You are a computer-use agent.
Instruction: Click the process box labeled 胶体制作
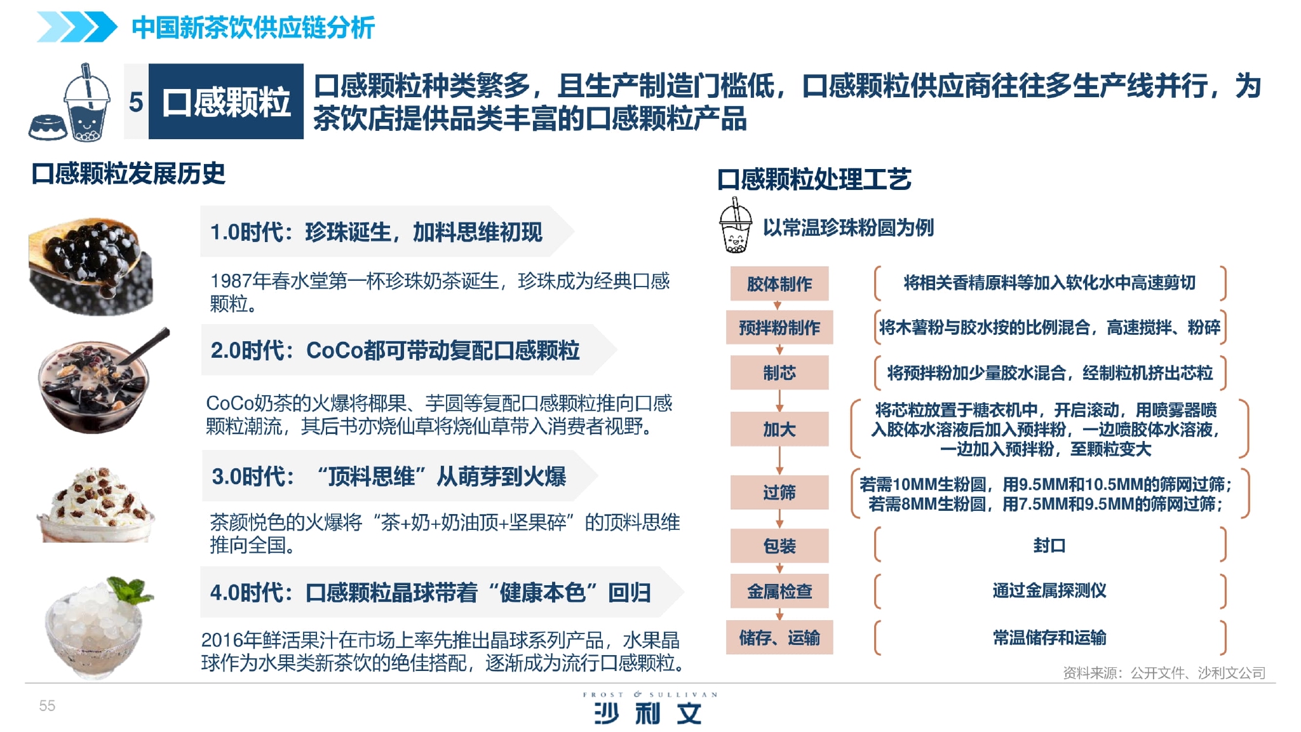pos(779,283)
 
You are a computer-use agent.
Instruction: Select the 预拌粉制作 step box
pos(779,327)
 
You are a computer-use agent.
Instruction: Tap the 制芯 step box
pos(779,372)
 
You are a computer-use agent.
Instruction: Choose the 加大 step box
pos(779,429)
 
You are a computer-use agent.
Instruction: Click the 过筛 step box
pos(779,492)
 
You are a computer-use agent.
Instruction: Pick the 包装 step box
pos(779,545)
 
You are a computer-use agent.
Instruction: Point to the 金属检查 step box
pos(779,591)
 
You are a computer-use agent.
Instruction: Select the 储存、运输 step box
pos(779,637)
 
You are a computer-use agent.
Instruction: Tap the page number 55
pos(47,705)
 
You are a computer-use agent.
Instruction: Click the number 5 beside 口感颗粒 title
pos(136,102)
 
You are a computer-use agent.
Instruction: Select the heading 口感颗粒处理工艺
pos(814,179)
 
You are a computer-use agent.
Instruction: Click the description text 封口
pos(1049,545)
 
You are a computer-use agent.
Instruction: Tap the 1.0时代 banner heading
pos(376,232)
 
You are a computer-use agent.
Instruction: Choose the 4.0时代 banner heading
pos(430,592)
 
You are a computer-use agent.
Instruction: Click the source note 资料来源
pos(1164,672)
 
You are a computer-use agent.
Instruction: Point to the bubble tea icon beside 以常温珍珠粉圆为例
pos(736,226)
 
